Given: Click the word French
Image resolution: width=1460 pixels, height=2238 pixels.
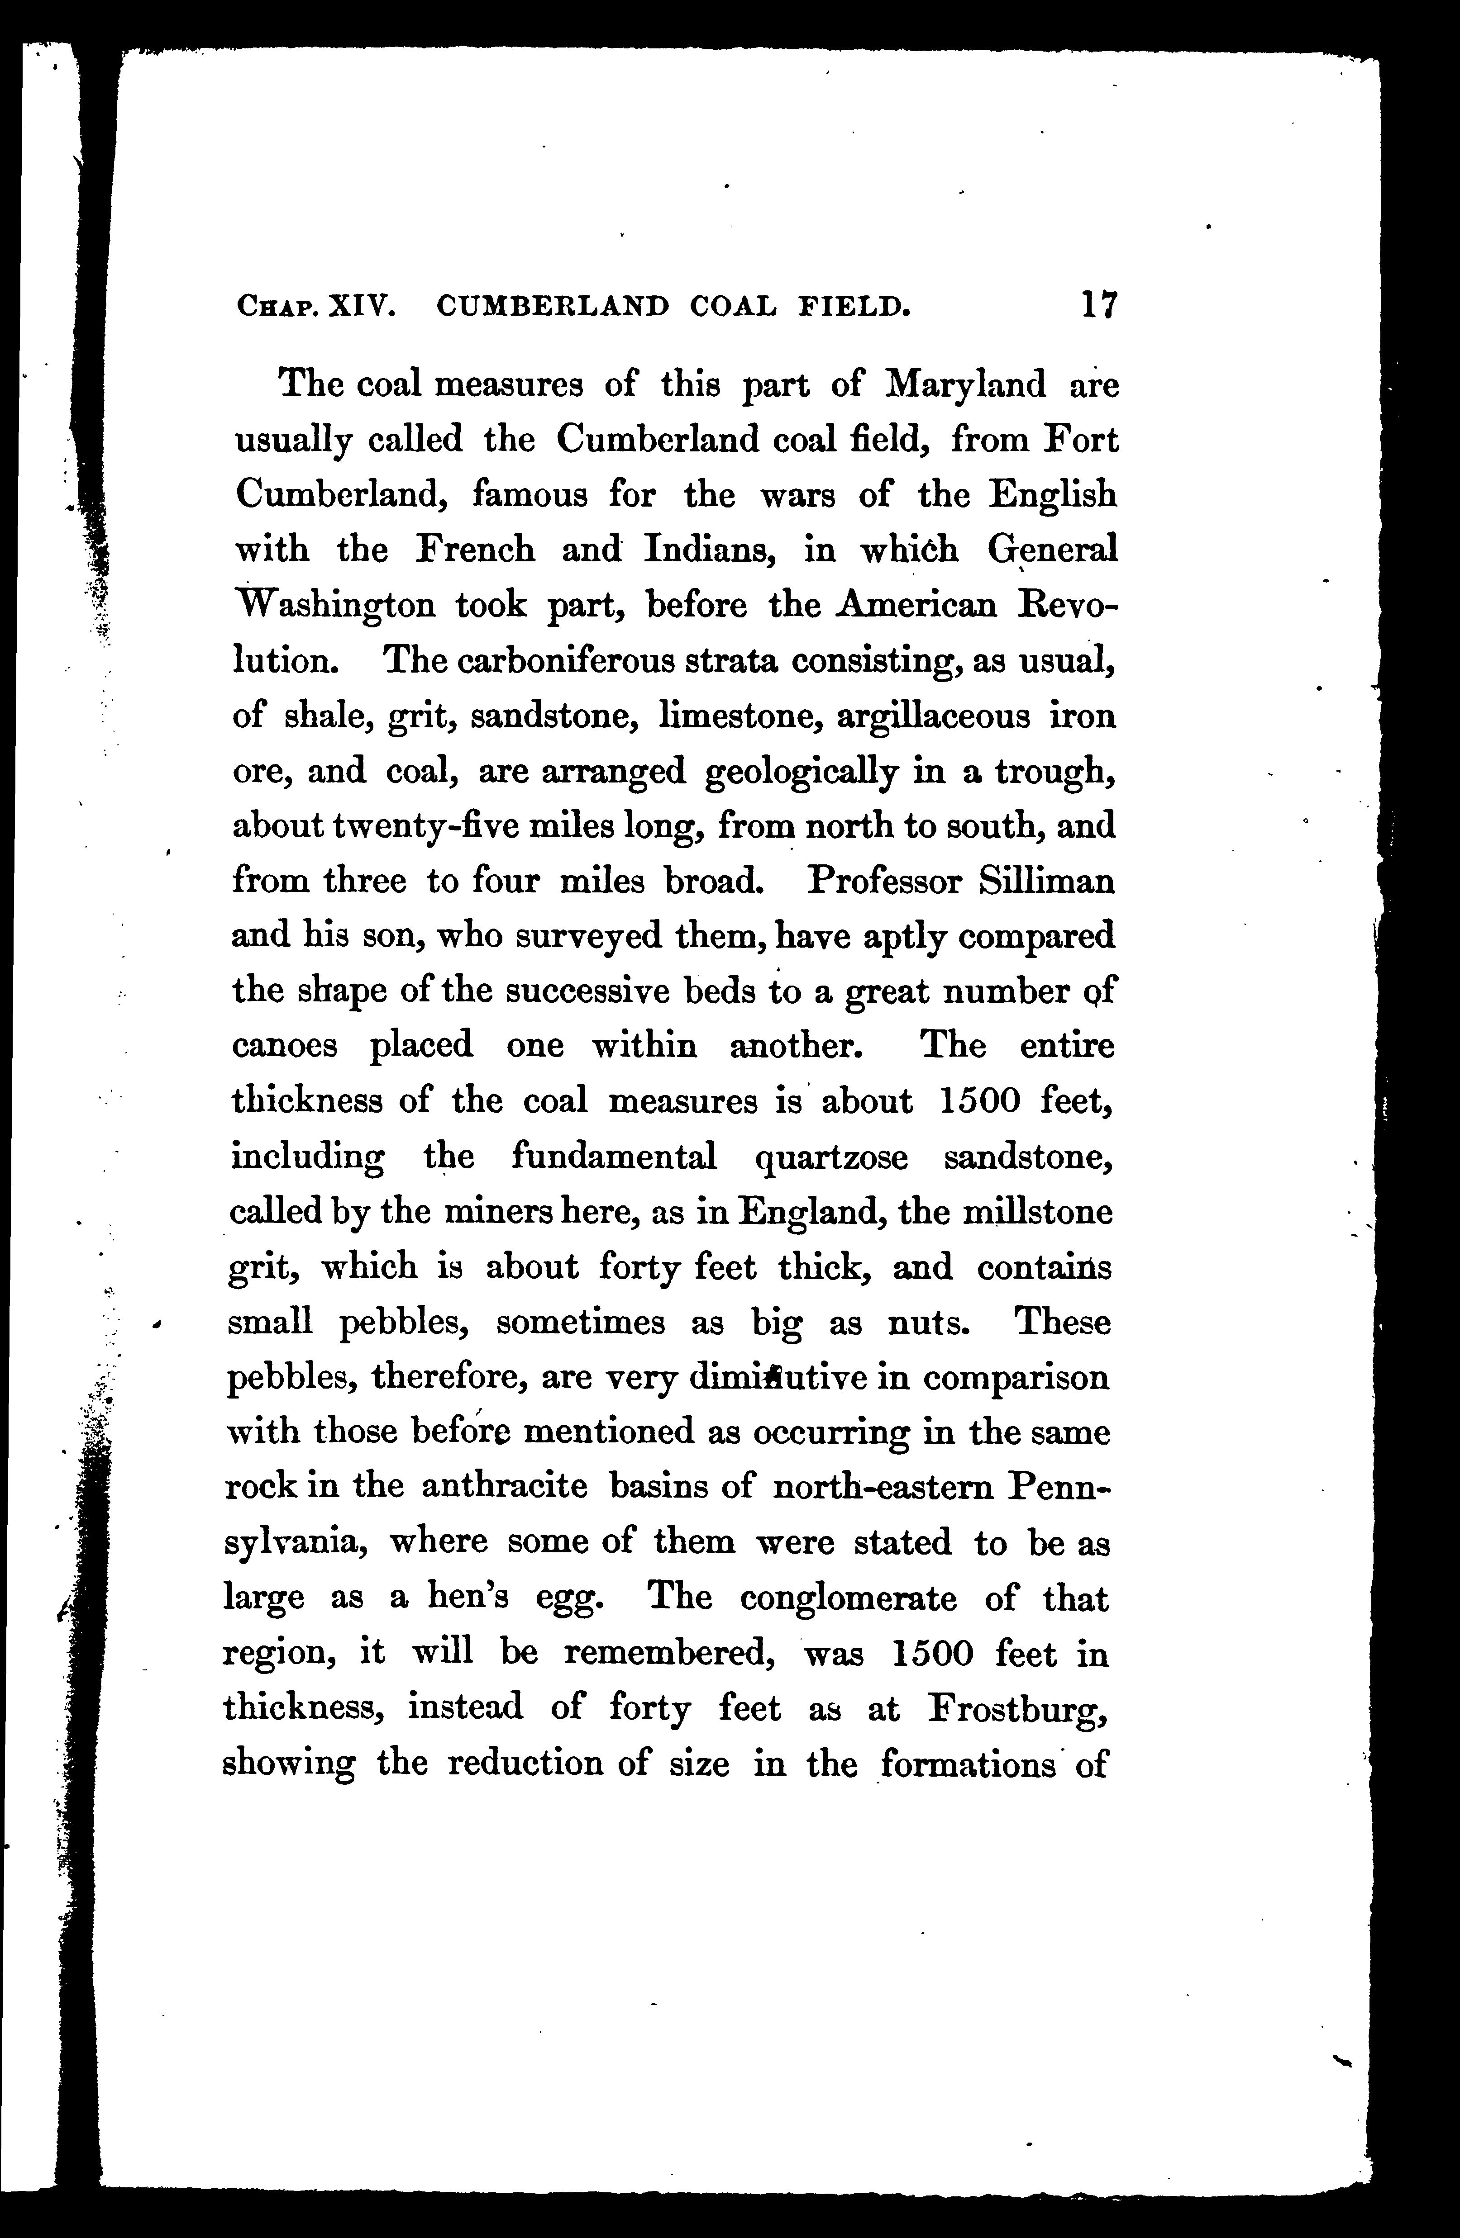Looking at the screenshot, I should [x=476, y=549].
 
